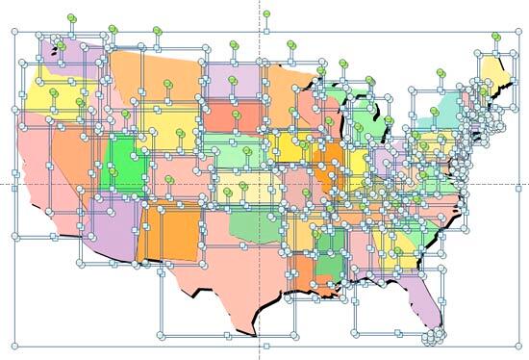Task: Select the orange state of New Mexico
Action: pyautogui.click(x=168, y=231)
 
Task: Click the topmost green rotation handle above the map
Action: pyautogui.click(x=266, y=14)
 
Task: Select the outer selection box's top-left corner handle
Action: pyautogui.click(x=15, y=32)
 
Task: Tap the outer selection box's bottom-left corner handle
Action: pyautogui.click(x=15, y=345)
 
